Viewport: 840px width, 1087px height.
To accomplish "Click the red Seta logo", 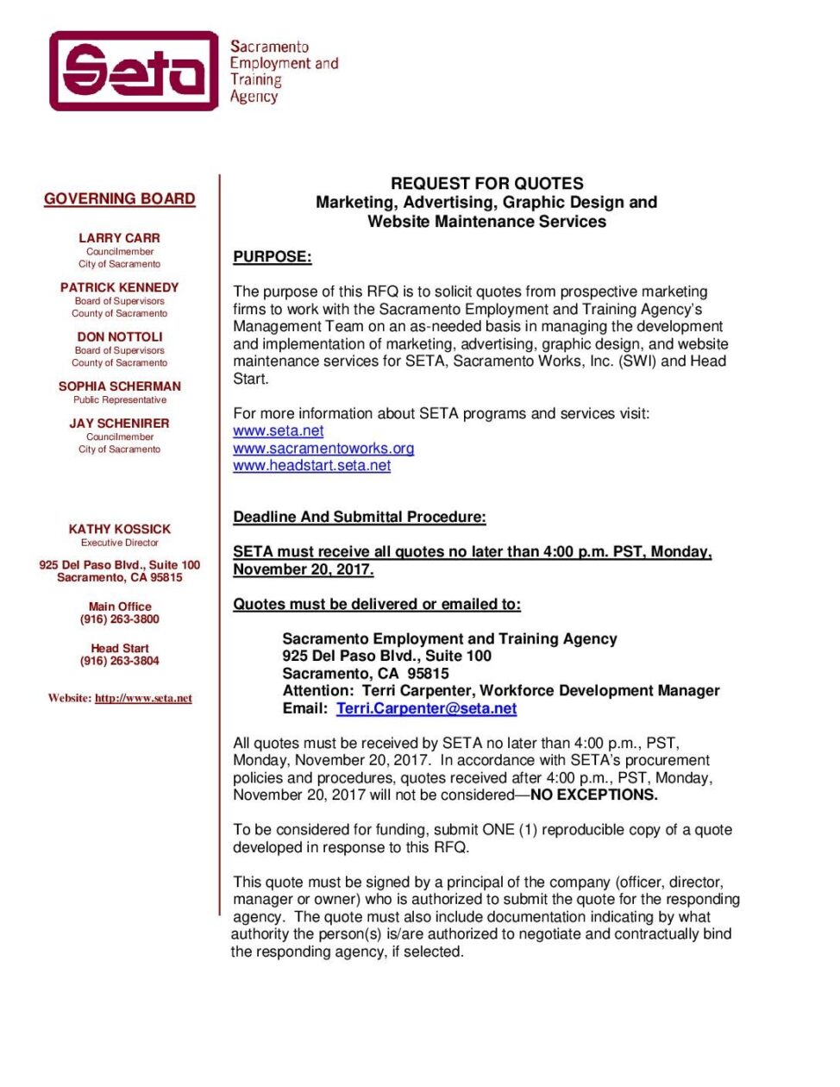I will click(x=134, y=71).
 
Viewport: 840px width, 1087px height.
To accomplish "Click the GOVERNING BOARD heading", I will click(x=120, y=198).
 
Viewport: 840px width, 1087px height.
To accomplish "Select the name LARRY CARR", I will click(x=119, y=238).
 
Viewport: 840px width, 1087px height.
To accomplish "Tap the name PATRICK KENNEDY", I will click(x=119, y=287).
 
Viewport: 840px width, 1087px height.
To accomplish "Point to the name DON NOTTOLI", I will click(x=119, y=336).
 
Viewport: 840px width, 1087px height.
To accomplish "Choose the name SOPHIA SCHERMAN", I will click(x=119, y=386).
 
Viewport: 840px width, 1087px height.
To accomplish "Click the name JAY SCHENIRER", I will click(x=119, y=424).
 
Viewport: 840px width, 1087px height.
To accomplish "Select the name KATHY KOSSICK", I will click(x=119, y=529).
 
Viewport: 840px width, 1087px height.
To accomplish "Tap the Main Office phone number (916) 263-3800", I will click(x=119, y=619).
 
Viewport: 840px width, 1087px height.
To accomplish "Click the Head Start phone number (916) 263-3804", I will click(x=119, y=661).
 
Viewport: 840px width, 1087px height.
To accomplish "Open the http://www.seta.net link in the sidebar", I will click(x=143, y=698).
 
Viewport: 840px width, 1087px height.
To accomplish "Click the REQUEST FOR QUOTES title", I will click(x=486, y=184).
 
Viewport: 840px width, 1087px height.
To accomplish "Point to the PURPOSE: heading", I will click(x=272, y=257).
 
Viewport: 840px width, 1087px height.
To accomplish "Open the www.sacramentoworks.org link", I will click(x=323, y=449).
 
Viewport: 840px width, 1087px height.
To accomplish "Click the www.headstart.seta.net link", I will click(x=311, y=466).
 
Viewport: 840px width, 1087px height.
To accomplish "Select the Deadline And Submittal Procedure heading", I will click(x=359, y=517).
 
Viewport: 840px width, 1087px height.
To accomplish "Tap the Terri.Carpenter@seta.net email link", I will click(x=426, y=708).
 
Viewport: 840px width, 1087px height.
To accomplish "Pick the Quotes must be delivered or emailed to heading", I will click(x=376, y=604).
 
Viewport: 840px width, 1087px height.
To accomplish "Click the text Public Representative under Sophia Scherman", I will click(x=119, y=400).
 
